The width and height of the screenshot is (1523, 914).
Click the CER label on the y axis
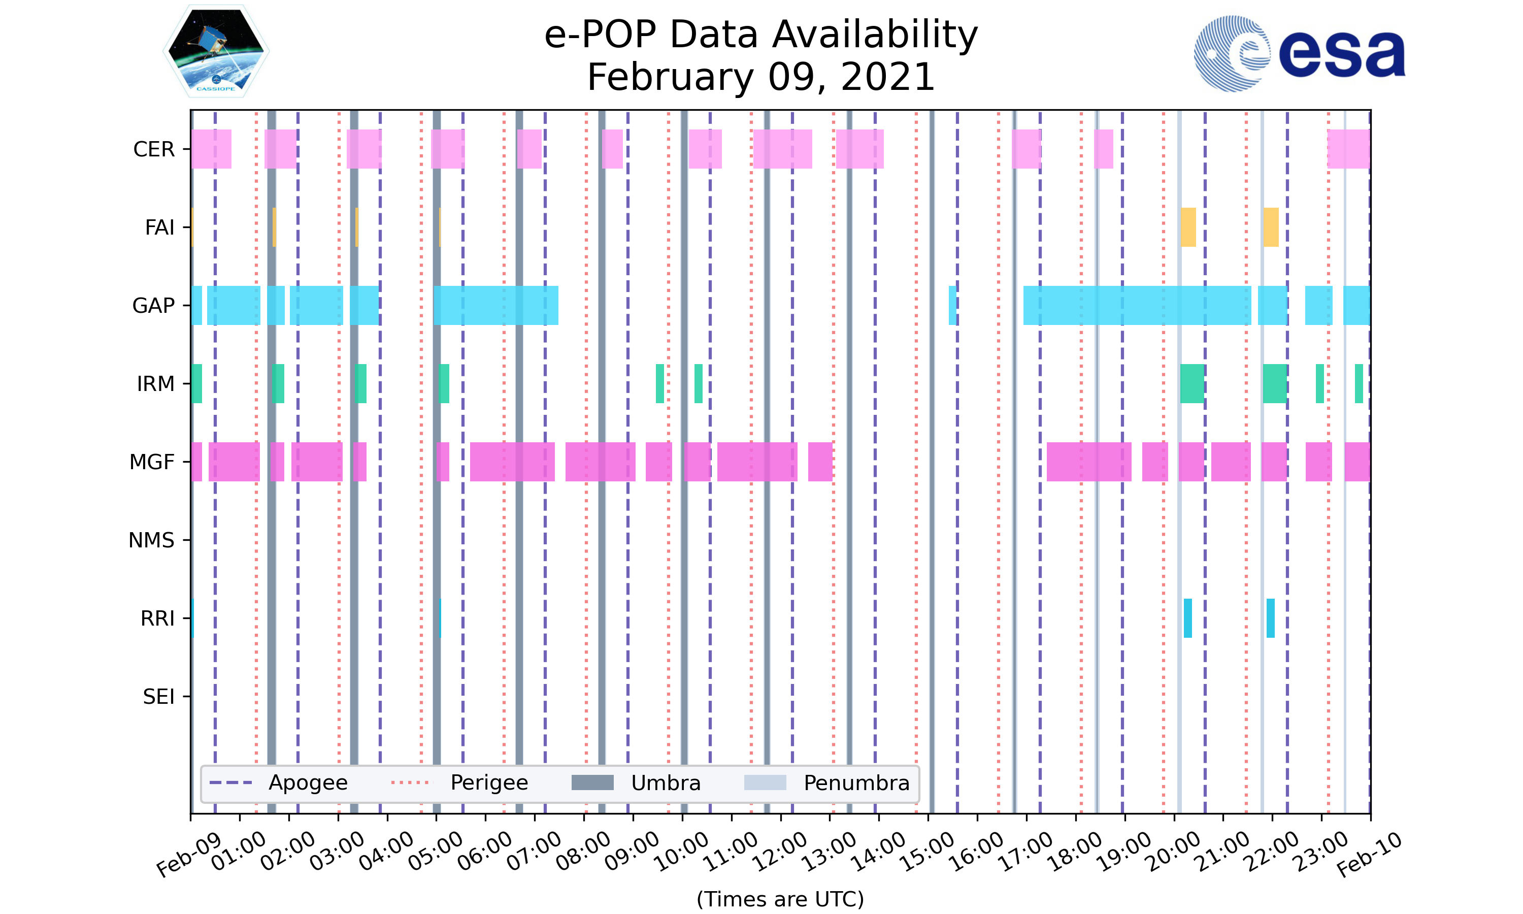[154, 150]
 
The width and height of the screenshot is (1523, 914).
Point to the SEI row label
[158, 697]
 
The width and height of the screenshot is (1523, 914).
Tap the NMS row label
[151, 541]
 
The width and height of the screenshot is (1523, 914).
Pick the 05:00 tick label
[435, 851]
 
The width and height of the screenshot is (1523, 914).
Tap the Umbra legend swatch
[592, 783]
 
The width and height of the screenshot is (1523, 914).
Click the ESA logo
[1299, 54]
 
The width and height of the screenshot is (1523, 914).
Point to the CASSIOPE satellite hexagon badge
[216, 51]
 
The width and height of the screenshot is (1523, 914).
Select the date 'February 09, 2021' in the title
[761, 77]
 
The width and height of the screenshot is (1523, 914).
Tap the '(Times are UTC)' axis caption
[780, 899]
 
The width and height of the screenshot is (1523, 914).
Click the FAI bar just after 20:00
[1188, 227]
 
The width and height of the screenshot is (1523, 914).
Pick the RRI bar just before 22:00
[1271, 618]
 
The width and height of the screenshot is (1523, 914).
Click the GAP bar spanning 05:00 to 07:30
[496, 306]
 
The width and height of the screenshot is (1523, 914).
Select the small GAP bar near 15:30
[952, 306]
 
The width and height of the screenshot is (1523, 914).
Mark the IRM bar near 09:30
[660, 384]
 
